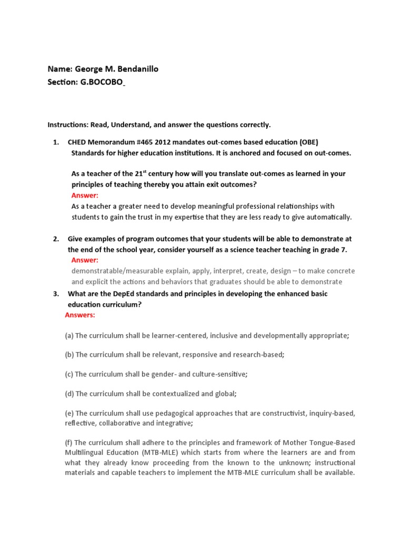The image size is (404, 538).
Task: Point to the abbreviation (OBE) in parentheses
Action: pos(309,142)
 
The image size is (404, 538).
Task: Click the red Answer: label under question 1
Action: pos(85,195)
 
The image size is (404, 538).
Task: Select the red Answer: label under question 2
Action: pos(85,260)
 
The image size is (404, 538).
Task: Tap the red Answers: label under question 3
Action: pos(80,315)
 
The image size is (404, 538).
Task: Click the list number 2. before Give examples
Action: pos(56,239)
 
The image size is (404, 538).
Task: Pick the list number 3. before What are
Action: pos(56,294)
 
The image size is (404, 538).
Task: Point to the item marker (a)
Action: pos(69,335)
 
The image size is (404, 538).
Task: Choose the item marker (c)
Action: pos(69,374)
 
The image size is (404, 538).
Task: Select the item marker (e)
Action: pos(69,413)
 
